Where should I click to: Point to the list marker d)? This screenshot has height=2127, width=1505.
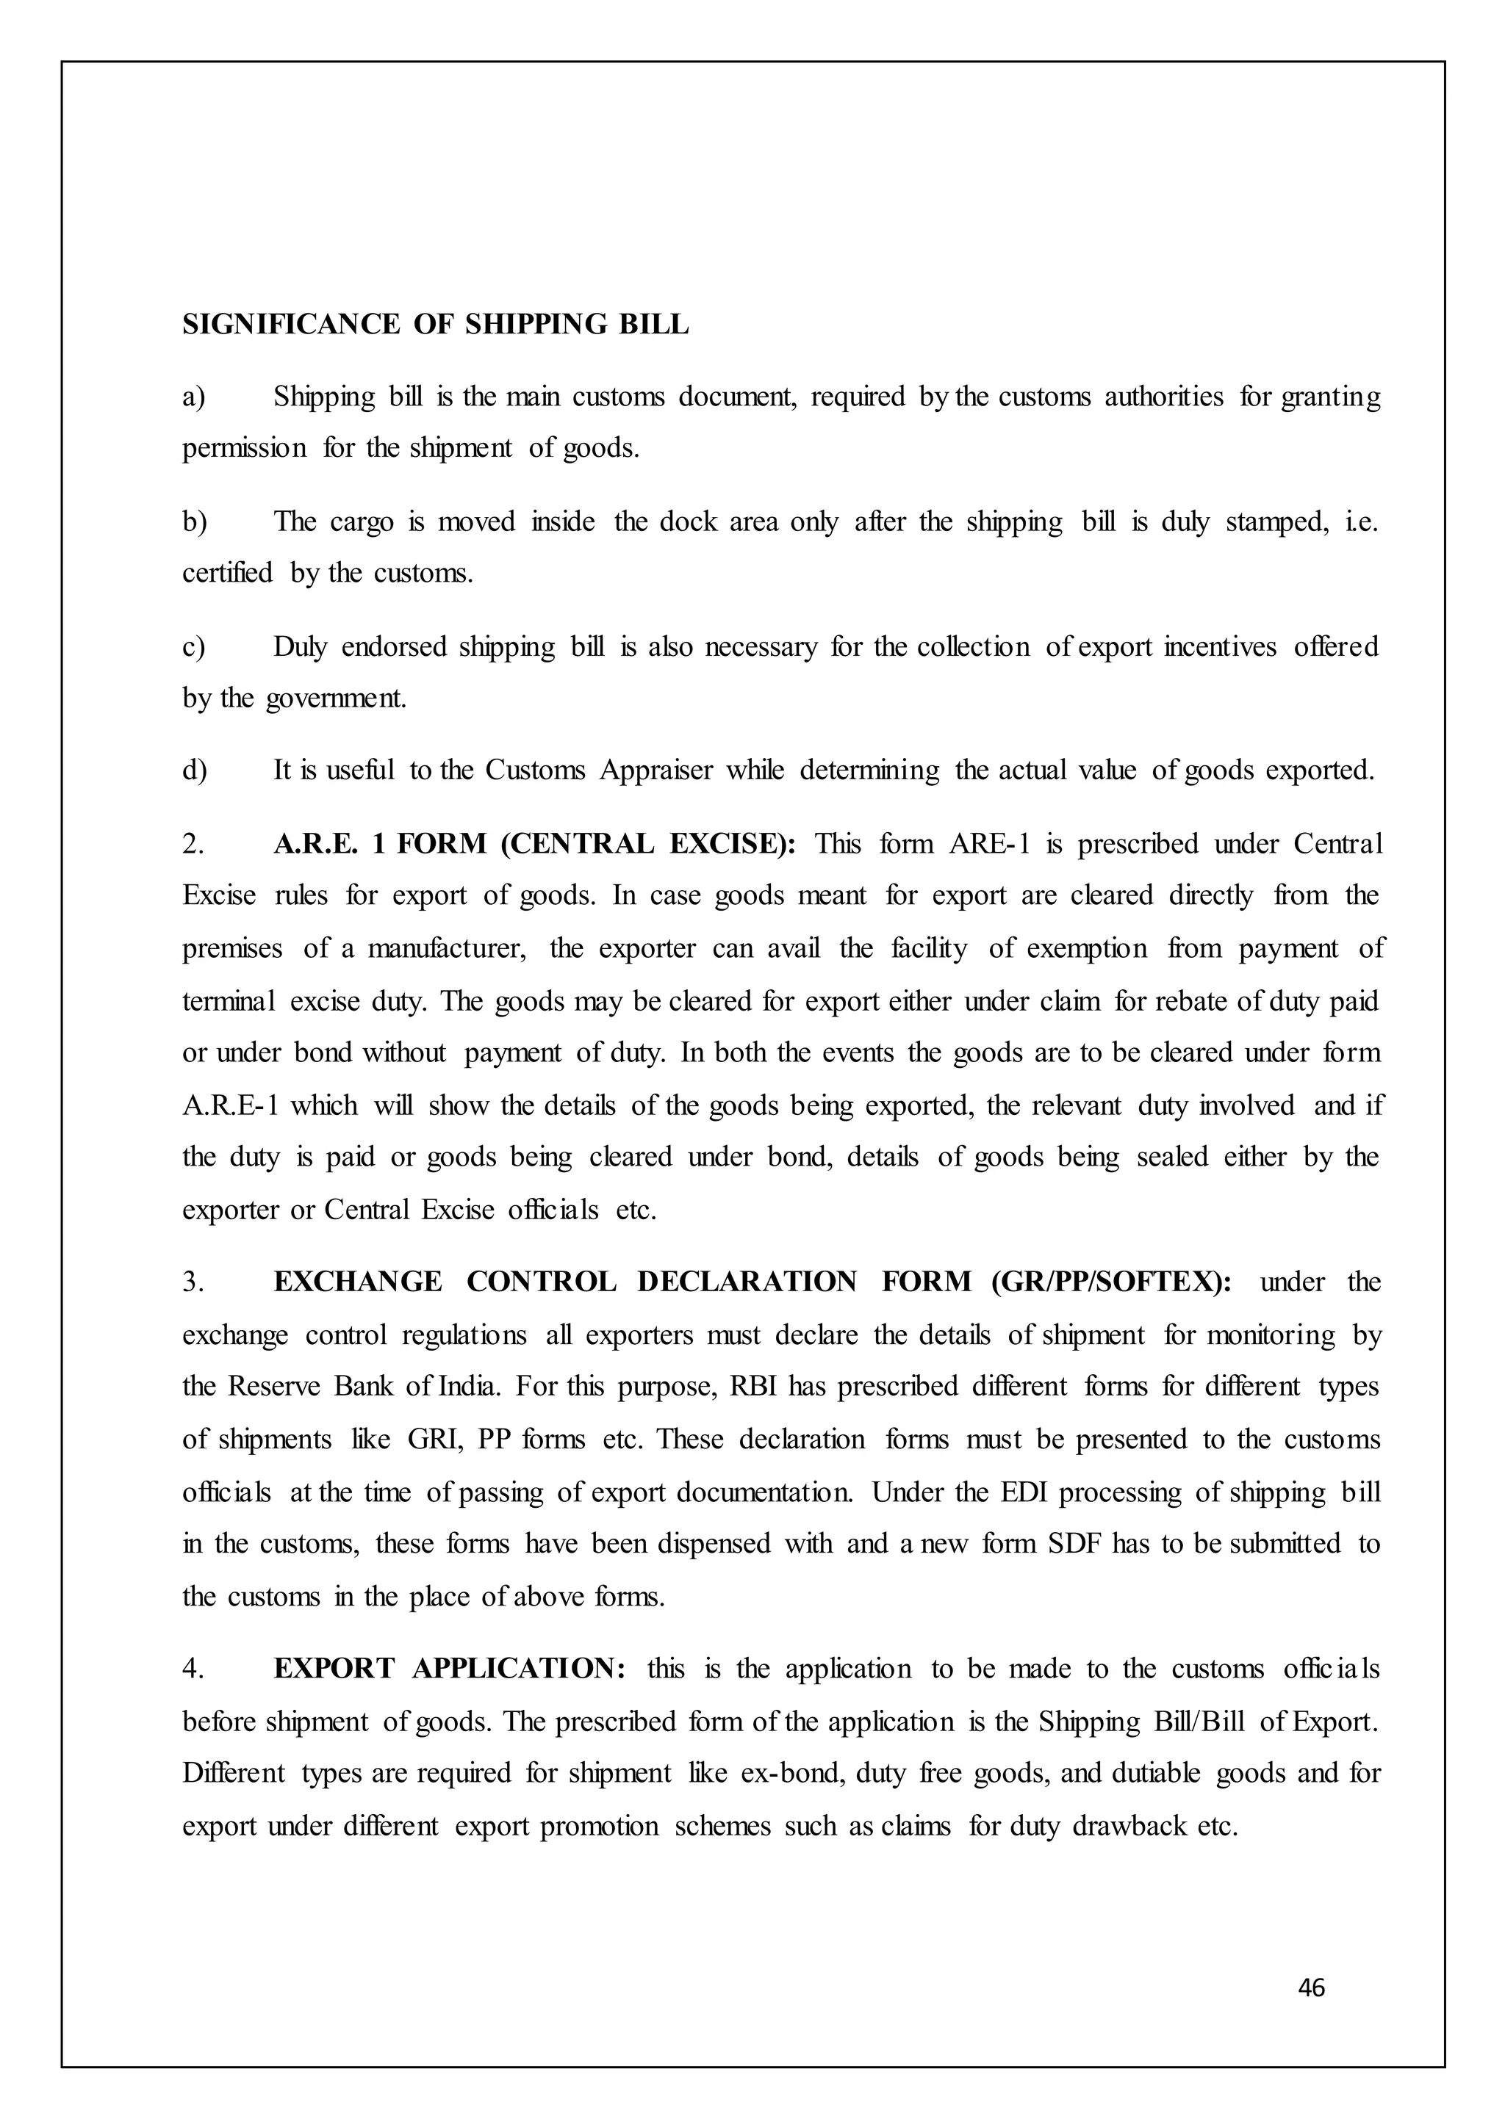click(194, 770)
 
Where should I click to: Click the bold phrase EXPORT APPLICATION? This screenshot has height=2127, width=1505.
click(450, 1669)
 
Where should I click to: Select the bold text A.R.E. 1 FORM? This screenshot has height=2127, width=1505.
click(380, 844)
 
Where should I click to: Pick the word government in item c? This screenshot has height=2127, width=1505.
click(336, 698)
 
